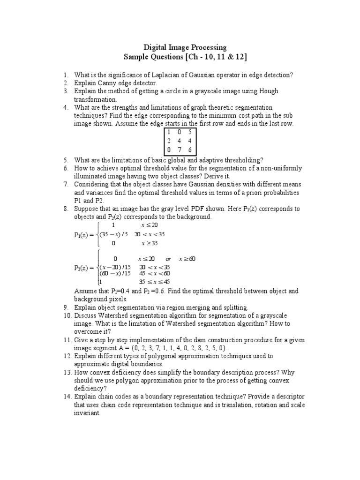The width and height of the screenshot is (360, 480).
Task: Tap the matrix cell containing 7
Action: (x=179, y=149)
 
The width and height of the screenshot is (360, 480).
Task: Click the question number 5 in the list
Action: (x=66, y=160)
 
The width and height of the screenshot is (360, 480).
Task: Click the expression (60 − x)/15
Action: (x=114, y=273)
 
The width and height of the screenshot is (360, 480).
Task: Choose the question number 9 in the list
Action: (x=66, y=307)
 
